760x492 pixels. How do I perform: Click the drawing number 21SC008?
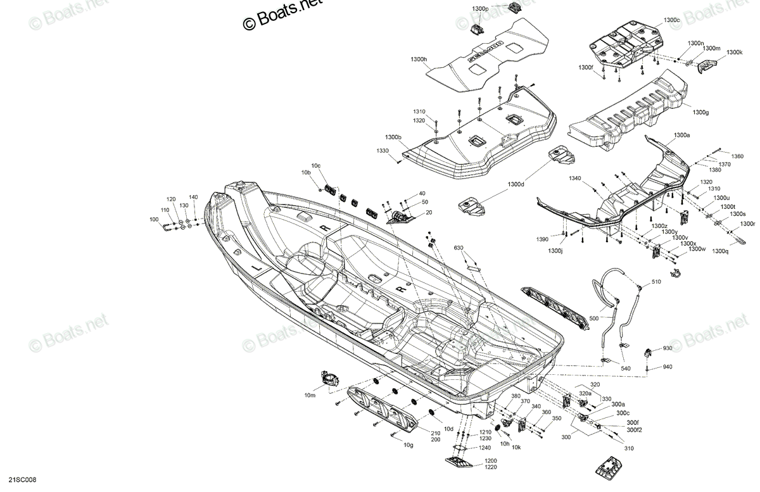point(22,480)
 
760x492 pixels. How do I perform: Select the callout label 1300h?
point(419,59)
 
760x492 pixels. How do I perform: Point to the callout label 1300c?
point(671,20)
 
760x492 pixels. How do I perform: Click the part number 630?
point(459,248)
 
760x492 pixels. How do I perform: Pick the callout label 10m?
point(310,395)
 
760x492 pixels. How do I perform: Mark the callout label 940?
point(667,367)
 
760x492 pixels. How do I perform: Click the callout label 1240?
point(484,448)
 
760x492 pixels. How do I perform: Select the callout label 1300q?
point(720,251)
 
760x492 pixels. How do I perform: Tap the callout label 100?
point(154,220)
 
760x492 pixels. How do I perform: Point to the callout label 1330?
point(383,151)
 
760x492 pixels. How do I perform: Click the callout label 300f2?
point(634,430)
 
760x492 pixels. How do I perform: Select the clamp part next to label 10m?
point(328,377)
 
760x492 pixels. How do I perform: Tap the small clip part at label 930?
point(647,353)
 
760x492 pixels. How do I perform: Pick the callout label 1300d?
point(516,184)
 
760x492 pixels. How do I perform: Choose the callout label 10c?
point(316,166)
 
